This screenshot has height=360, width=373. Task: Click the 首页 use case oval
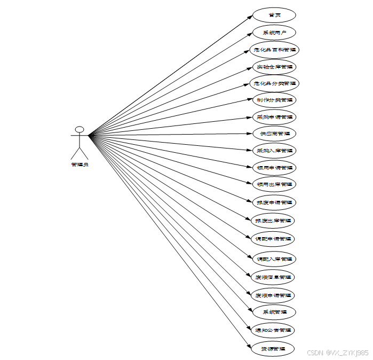coord(274,15)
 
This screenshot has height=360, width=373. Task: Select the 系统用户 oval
coord(274,33)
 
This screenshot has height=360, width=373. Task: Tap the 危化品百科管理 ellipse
coord(274,50)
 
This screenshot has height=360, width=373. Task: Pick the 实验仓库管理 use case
coord(274,67)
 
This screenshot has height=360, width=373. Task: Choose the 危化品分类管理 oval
coord(274,83)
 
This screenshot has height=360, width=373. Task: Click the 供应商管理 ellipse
coord(274,134)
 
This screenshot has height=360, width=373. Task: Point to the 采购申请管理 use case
coord(274,117)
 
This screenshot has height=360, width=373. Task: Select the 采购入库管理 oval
coord(274,151)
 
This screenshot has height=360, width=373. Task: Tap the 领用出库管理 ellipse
coord(274,184)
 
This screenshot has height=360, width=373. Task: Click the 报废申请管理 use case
coord(274,202)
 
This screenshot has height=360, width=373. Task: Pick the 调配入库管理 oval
coord(274,259)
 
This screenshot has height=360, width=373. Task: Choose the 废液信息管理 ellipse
coord(274,277)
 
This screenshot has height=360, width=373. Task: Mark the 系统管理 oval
coord(274,311)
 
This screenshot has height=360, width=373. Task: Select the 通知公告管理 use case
coord(274,330)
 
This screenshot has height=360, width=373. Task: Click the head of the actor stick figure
coord(80,129)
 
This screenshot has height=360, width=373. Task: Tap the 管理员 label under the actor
coord(80,165)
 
